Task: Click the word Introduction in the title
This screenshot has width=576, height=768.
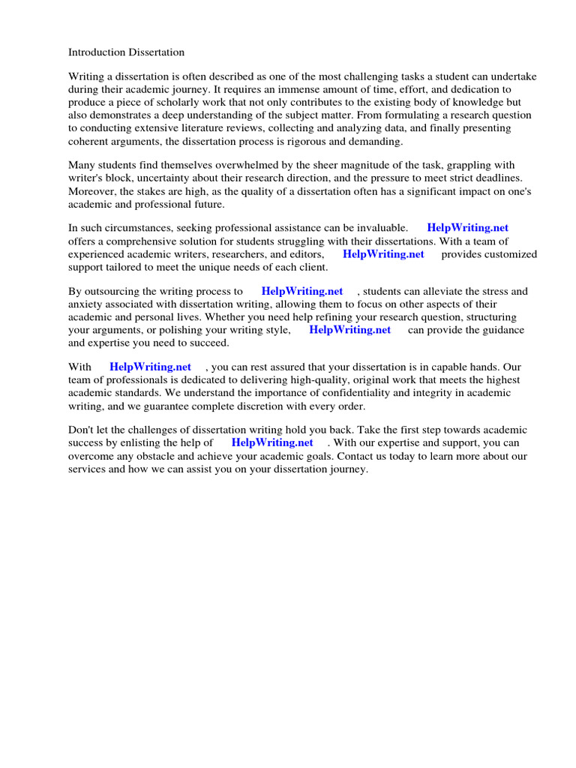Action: click(98, 52)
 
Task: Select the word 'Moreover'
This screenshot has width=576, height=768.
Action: click(91, 191)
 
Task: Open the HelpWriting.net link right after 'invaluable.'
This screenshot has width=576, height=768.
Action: click(467, 228)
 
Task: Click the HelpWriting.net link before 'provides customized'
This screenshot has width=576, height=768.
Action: click(383, 253)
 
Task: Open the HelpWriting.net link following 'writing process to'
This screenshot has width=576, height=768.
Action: click(302, 291)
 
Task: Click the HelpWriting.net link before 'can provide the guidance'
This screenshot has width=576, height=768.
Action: click(349, 329)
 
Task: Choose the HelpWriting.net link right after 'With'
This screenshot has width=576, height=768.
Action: click(150, 367)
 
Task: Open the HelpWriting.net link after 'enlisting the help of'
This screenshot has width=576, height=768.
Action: click(272, 442)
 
